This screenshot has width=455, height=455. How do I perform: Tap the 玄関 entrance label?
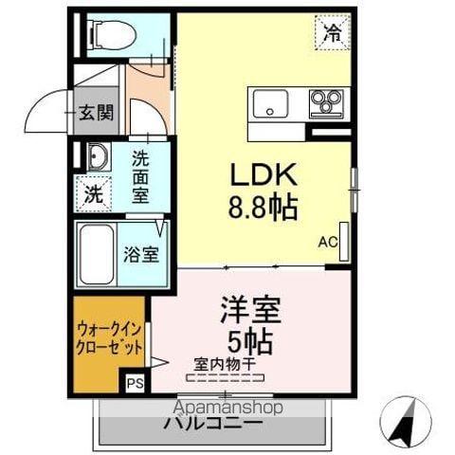pyautogui.click(x=96, y=114)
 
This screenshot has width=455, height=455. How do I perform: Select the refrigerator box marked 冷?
pyautogui.click(x=332, y=35)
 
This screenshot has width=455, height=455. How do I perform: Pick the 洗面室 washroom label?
pyautogui.click(x=140, y=177)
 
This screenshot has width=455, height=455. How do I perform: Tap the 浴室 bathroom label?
pyautogui.click(x=142, y=254)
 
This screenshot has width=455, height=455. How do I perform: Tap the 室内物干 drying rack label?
pyautogui.click(x=226, y=363)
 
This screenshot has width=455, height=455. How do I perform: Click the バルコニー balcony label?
pyautogui.click(x=212, y=423)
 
